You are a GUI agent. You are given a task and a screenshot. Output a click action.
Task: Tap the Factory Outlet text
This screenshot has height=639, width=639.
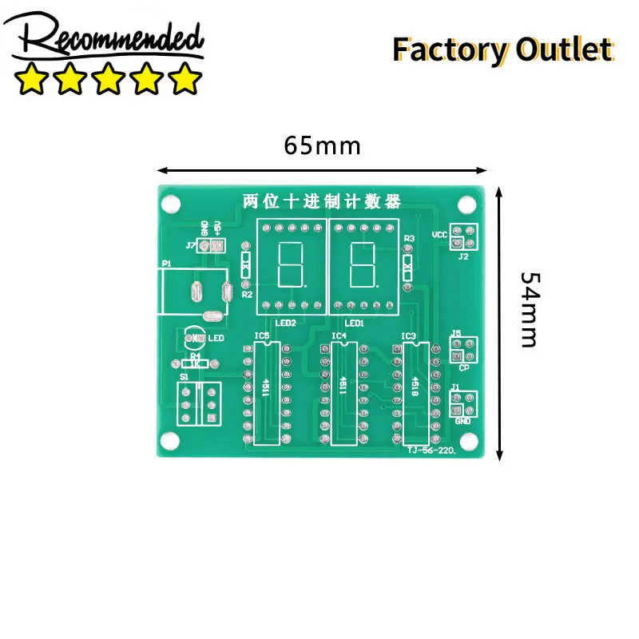click(502, 50)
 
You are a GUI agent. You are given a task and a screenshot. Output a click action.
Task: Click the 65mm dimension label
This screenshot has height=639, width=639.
click(322, 146)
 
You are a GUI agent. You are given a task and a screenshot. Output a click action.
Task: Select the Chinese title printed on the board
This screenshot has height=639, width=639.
click(321, 201)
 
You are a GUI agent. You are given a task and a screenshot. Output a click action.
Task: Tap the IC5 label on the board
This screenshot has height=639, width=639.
click(262, 335)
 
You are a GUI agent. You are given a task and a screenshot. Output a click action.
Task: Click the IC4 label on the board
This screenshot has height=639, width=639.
click(339, 335)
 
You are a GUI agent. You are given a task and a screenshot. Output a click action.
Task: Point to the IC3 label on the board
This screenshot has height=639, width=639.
click(408, 335)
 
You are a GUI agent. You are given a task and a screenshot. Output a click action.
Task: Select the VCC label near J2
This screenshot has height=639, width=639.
click(439, 235)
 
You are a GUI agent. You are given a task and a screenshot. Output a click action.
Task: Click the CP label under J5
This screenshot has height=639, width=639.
click(463, 367)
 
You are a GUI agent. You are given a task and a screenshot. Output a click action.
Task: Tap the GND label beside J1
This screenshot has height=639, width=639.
click(462, 421)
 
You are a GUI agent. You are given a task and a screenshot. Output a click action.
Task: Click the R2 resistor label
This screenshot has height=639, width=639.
click(246, 295)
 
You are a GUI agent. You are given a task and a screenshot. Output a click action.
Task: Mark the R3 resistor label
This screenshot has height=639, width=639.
click(409, 239)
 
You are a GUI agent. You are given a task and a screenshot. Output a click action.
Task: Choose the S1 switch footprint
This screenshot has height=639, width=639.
click(198, 404)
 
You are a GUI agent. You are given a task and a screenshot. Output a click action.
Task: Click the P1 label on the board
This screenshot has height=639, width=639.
click(166, 263)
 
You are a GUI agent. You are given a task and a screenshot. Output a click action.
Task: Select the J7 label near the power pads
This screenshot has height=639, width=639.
click(190, 245)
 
